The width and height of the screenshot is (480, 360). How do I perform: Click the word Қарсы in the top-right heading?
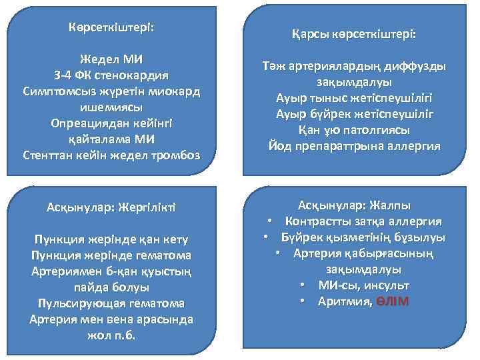point(313,33)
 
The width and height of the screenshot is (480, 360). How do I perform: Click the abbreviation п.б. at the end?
point(124,335)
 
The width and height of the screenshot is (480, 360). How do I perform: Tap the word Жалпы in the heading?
point(387,205)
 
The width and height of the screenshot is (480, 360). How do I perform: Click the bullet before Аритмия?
point(303,301)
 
